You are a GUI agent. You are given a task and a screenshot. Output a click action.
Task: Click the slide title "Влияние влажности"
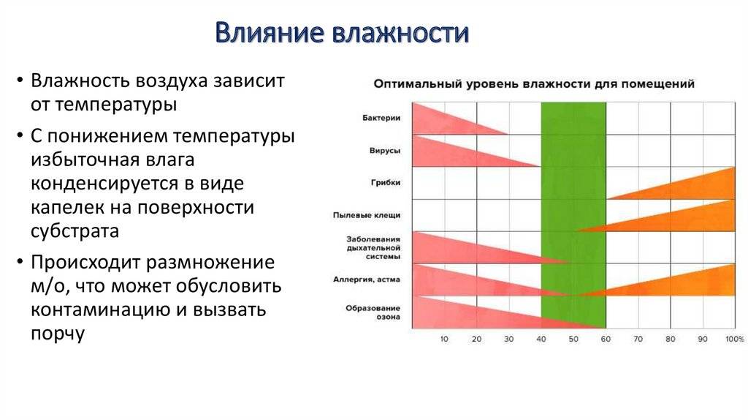pyautogui.click(x=342, y=33)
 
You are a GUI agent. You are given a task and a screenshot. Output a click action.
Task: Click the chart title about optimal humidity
pyautogui.click(x=534, y=84)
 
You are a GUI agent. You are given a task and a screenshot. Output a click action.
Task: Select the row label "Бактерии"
pyautogui.click(x=381, y=118)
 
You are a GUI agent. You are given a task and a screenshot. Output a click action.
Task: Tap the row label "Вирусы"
pyautogui.click(x=384, y=151)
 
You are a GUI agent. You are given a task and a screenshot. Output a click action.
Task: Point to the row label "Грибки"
pyautogui.click(x=386, y=182)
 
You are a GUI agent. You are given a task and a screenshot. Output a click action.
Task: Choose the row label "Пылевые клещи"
pyautogui.click(x=367, y=216)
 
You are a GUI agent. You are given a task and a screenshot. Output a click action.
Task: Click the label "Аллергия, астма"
pyautogui.click(x=367, y=280)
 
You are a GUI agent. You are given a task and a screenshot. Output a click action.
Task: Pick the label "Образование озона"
pyautogui.click(x=373, y=312)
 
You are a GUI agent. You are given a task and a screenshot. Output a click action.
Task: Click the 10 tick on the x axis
pyautogui.click(x=444, y=339)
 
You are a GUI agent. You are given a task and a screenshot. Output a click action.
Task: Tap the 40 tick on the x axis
pyautogui.click(x=541, y=339)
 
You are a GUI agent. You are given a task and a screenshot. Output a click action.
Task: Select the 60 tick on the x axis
pyautogui.click(x=606, y=339)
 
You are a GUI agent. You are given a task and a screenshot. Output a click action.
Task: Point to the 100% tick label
pyautogui.click(x=735, y=339)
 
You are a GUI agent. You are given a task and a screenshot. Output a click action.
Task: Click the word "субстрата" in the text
pyautogui.click(x=75, y=230)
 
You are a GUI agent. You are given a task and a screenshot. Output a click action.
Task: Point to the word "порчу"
pyautogui.click(x=58, y=334)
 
